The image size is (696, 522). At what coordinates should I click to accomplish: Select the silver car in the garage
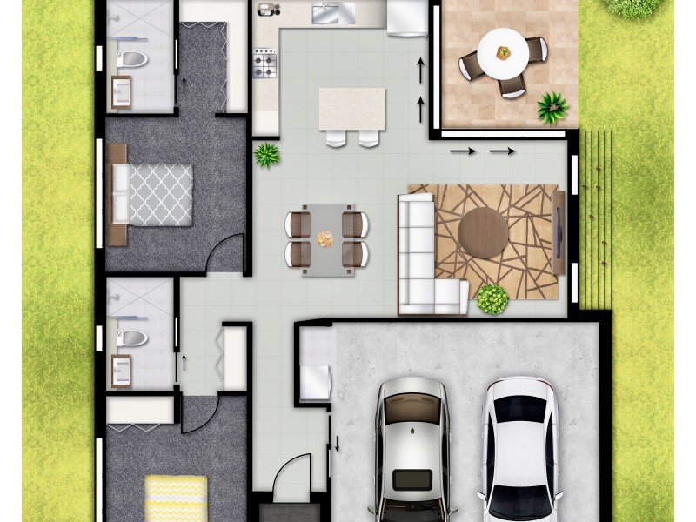pyautogui.click(x=412, y=452)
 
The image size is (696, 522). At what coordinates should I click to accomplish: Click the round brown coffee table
pyautogui.click(x=484, y=232)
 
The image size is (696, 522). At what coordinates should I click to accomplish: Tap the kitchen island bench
pyautogui.click(x=351, y=109)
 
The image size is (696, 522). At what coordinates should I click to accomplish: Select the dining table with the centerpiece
pyautogui.click(x=326, y=237)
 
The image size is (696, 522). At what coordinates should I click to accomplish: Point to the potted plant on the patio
pyautogui.click(x=552, y=108)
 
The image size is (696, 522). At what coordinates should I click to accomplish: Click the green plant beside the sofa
pyautogui.click(x=492, y=298)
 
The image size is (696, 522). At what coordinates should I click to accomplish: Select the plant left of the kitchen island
pyautogui.click(x=266, y=156)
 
